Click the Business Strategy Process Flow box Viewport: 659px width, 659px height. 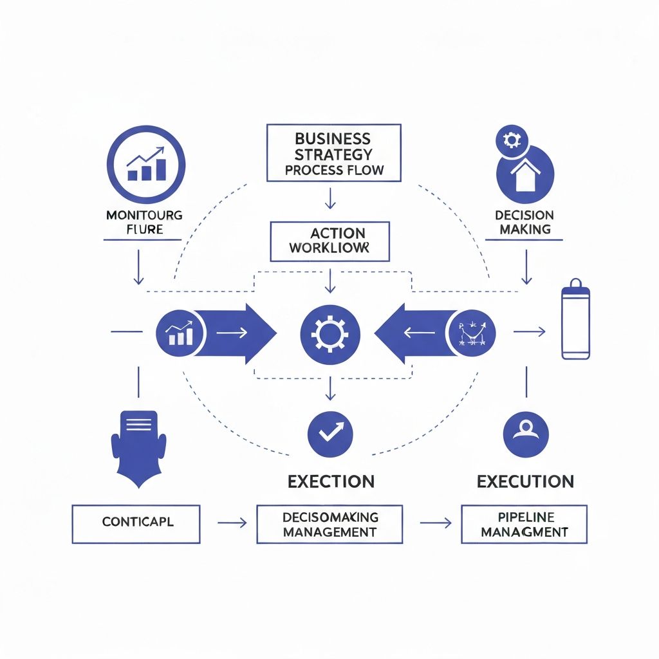click(333, 153)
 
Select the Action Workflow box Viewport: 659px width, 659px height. click(329, 241)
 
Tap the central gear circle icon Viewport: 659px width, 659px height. click(330, 333)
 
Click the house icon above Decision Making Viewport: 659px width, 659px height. click(524, 174)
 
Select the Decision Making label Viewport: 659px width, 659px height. click(524, 222)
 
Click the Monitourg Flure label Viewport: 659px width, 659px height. click(144, 222)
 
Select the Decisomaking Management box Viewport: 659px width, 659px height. click(329, 524)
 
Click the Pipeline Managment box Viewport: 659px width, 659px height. click(524, 524)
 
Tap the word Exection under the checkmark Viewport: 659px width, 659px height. click(331, 481)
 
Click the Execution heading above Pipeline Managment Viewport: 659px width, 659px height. click(525, 481)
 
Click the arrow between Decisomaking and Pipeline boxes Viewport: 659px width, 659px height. click(435, 523)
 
